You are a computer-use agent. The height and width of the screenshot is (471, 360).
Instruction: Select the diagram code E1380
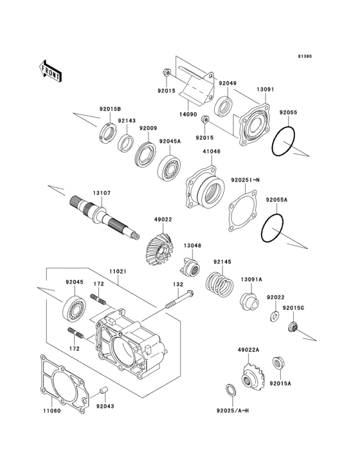[x=304, y=57]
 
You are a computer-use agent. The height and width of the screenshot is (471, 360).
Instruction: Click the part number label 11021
[x=117, y=272]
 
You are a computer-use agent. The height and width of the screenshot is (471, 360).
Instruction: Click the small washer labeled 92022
[x=274, y=317]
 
